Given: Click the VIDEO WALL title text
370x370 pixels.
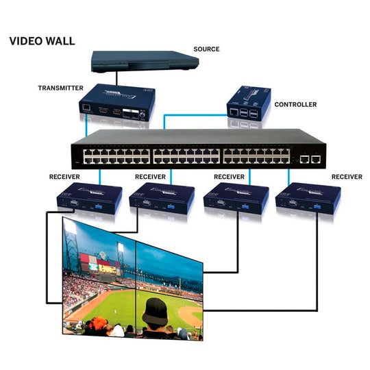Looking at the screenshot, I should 42,40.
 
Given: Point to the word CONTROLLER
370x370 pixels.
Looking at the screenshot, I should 295,105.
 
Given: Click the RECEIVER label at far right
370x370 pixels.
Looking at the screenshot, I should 347,176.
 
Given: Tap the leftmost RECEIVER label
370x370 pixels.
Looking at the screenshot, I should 65,176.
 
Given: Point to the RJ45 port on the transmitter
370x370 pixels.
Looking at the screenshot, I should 84,108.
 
